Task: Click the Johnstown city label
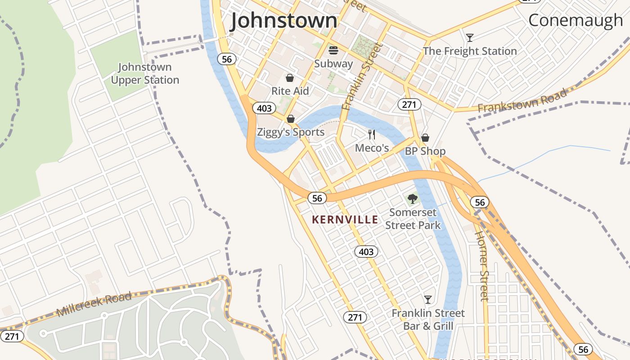point(284,21)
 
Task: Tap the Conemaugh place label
point(575,20)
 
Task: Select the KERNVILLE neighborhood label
point(345,220)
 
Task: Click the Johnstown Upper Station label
point(145,74)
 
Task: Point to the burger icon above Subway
point(333,49)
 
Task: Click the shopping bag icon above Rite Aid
point(290,78)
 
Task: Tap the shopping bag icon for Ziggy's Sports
point(291,119)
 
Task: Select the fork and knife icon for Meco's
point(372,134)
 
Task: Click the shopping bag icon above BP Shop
point(425,138)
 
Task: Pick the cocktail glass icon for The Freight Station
point(470,37)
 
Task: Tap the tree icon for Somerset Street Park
point(412,198)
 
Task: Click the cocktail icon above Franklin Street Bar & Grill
point(428,299)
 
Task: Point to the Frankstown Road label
point(522,102)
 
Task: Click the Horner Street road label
point(482,265)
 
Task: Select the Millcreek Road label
point(94,304)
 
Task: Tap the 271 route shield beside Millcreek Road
point(12,336)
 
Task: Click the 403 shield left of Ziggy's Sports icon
point(264,108)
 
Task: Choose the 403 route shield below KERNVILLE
point(366,252)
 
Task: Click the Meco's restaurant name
point(372,148)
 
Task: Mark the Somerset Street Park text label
point(413,219)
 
